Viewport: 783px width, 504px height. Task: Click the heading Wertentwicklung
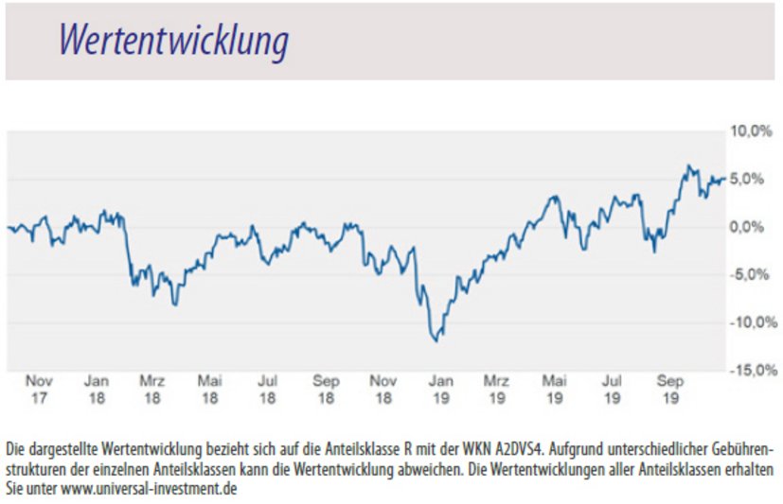(x=173, y=41)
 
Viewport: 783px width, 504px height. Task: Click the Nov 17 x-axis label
(x=38, y=390)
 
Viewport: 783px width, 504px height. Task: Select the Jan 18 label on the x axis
(x=96, y=390)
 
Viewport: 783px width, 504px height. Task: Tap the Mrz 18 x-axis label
(x=152, y=390)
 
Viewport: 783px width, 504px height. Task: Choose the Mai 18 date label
(x=210, y=390)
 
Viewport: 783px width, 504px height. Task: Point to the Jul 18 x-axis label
(x=268, y=390)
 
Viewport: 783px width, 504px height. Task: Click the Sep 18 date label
(x=326, y=390)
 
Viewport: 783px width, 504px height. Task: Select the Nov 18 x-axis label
(x=383, y=390)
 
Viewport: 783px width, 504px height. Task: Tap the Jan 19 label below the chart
(x=440, y=390)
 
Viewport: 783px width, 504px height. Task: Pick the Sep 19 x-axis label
(x=670, y=390)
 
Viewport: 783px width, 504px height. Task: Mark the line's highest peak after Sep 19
(x=688, y=166)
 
